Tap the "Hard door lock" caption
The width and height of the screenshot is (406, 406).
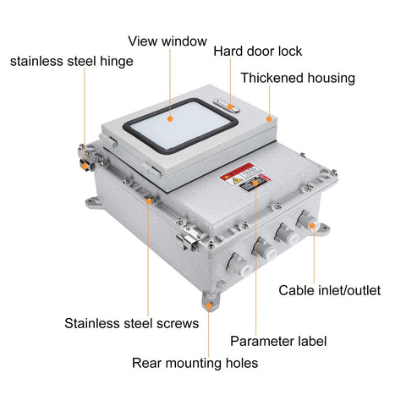257,51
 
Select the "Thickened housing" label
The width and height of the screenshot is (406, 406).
297,78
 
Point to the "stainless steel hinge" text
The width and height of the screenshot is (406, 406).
71,61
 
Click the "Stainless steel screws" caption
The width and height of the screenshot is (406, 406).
132,322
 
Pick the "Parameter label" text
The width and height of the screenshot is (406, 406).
278,341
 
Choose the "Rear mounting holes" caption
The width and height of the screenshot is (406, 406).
195,363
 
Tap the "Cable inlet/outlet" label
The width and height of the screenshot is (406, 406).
330,290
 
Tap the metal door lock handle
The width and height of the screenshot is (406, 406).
229,106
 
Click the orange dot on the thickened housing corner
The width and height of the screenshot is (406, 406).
270,118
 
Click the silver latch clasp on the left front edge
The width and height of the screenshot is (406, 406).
189,239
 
